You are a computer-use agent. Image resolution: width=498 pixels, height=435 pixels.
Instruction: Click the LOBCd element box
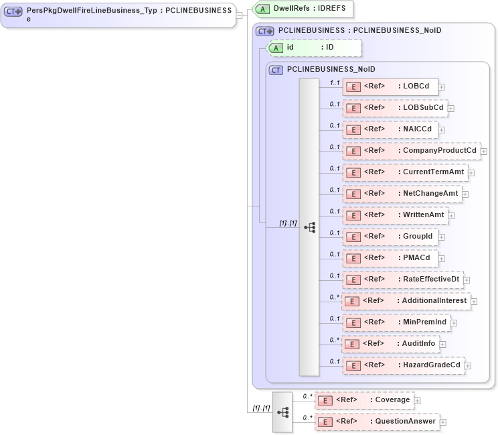390,86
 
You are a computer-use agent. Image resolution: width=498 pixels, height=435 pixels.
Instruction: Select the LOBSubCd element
394,108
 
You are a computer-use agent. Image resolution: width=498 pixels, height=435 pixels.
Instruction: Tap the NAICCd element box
390,129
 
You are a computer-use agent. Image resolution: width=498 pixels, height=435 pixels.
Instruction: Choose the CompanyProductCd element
411,151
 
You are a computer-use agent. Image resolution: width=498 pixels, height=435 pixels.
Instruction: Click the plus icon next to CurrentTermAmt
471,173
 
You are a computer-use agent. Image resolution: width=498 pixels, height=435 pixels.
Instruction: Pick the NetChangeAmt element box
402,194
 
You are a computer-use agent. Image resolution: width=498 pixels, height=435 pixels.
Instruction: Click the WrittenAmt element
394,215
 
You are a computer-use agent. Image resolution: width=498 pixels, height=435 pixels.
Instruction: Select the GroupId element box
390,237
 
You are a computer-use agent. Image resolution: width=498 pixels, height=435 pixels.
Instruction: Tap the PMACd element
390,258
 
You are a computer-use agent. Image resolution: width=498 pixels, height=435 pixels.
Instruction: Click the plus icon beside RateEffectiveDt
467,280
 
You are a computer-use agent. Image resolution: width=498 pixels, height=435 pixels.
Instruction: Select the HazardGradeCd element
403,365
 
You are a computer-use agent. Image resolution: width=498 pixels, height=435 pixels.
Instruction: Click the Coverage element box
364,400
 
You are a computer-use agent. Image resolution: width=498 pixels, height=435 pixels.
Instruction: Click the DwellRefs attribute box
303,9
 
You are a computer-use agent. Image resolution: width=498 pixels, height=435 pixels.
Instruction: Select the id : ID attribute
314,48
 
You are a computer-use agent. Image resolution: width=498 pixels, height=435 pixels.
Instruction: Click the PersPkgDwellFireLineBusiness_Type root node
118,14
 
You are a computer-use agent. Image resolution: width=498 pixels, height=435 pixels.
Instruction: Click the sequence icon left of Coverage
282,412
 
